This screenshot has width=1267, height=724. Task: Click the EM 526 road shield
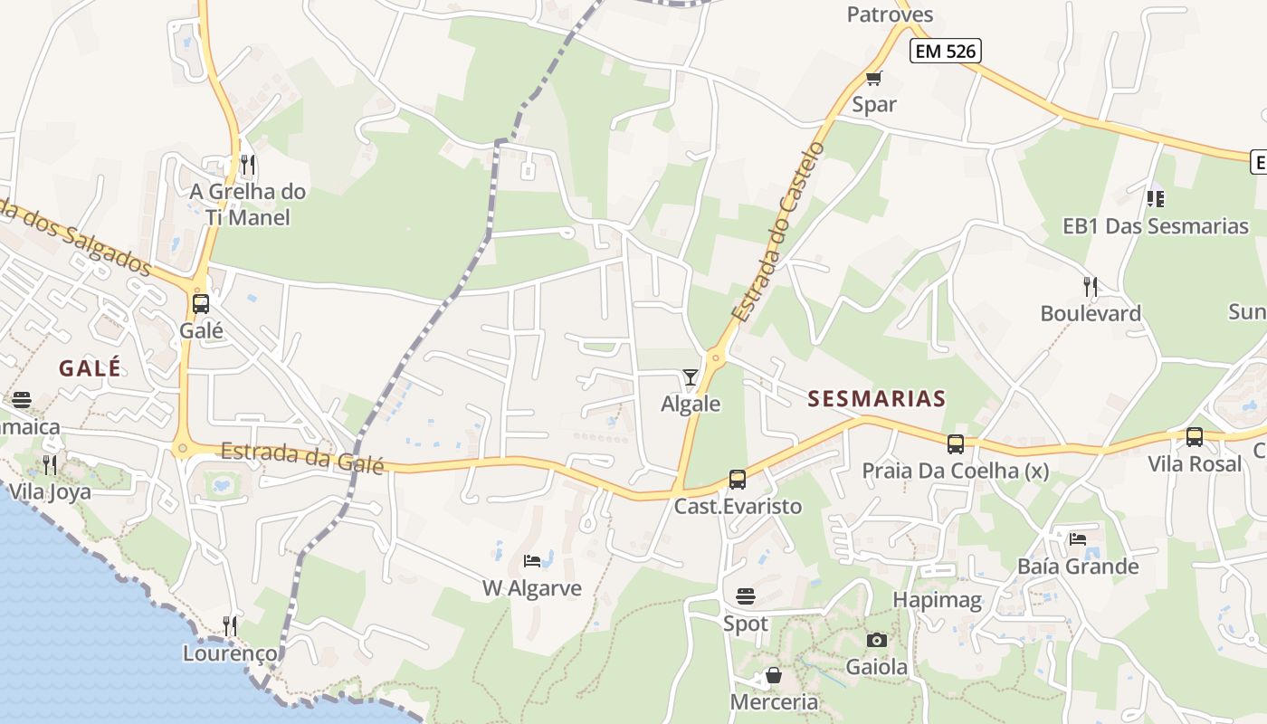[x=946, y=52]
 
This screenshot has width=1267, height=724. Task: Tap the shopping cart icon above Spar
[x=873, y=79]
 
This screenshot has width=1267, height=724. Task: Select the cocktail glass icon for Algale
[x=691, y=376]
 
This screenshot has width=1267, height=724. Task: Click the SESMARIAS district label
[x=876, y=398]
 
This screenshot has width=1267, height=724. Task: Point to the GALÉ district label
[x=90, y=368]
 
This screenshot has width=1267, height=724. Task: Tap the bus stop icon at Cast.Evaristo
[x=738, y=480]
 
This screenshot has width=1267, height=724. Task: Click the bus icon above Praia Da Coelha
[x=955, y=443]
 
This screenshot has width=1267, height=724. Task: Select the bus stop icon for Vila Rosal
[x=1195, y=437]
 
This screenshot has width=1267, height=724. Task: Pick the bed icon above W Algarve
[x=532, y=561]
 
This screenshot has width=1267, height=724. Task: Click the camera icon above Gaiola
[x=876, y=640]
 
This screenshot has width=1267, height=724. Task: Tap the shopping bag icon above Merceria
[x=773, y=675]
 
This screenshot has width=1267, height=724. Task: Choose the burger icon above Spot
[x=746, y=596]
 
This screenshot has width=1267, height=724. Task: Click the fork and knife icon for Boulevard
[x=1091, y=287]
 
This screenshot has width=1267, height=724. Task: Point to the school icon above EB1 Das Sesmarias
[x=1155, y=198]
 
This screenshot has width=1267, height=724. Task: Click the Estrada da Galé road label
[x=302, y=457]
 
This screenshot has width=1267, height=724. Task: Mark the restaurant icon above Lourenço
[x=230, y=625]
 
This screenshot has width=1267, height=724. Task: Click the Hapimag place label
[x=937, y=599]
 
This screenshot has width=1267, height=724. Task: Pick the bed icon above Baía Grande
[x=1077, y=539]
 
